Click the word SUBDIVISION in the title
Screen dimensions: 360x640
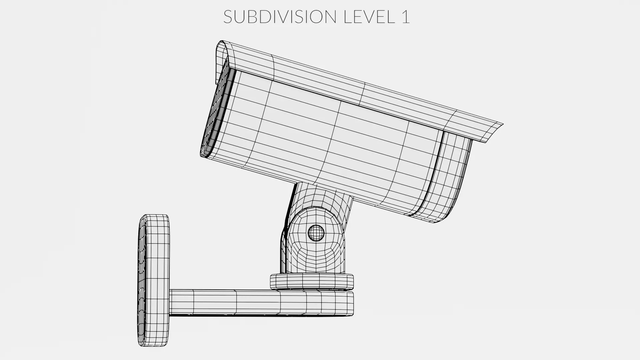click(279, 17)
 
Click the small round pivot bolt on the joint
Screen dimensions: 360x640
click(316, 232)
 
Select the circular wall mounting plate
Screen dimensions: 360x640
click(153, 280)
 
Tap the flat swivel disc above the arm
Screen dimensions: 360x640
click(311, 281)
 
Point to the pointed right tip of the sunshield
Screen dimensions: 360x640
click(502, 125)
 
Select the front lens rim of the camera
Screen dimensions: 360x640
click(217, 113)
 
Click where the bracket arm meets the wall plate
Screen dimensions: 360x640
click(170, 302)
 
